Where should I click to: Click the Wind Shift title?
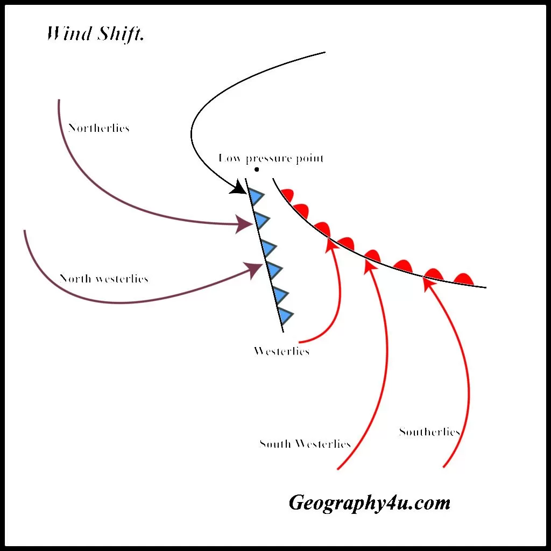coord(96,34)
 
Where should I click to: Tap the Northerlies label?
coord(99,128)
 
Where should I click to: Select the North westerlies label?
coord(104,279)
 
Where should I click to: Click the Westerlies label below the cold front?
coord(281,351)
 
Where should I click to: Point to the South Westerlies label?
coord(305,444)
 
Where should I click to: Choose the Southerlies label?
coord(429,432)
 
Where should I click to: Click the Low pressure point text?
coord(271,158)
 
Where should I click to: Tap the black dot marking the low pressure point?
coord(257,169)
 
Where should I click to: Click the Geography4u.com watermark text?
coord(369,503)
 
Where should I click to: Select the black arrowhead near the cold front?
coord(239,188)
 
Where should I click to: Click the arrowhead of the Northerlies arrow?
coord(244,224)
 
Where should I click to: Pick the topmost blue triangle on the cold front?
coord(257,197)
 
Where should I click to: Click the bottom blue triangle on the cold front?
coord(286,315)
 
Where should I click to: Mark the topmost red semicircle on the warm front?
coord(287,195)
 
